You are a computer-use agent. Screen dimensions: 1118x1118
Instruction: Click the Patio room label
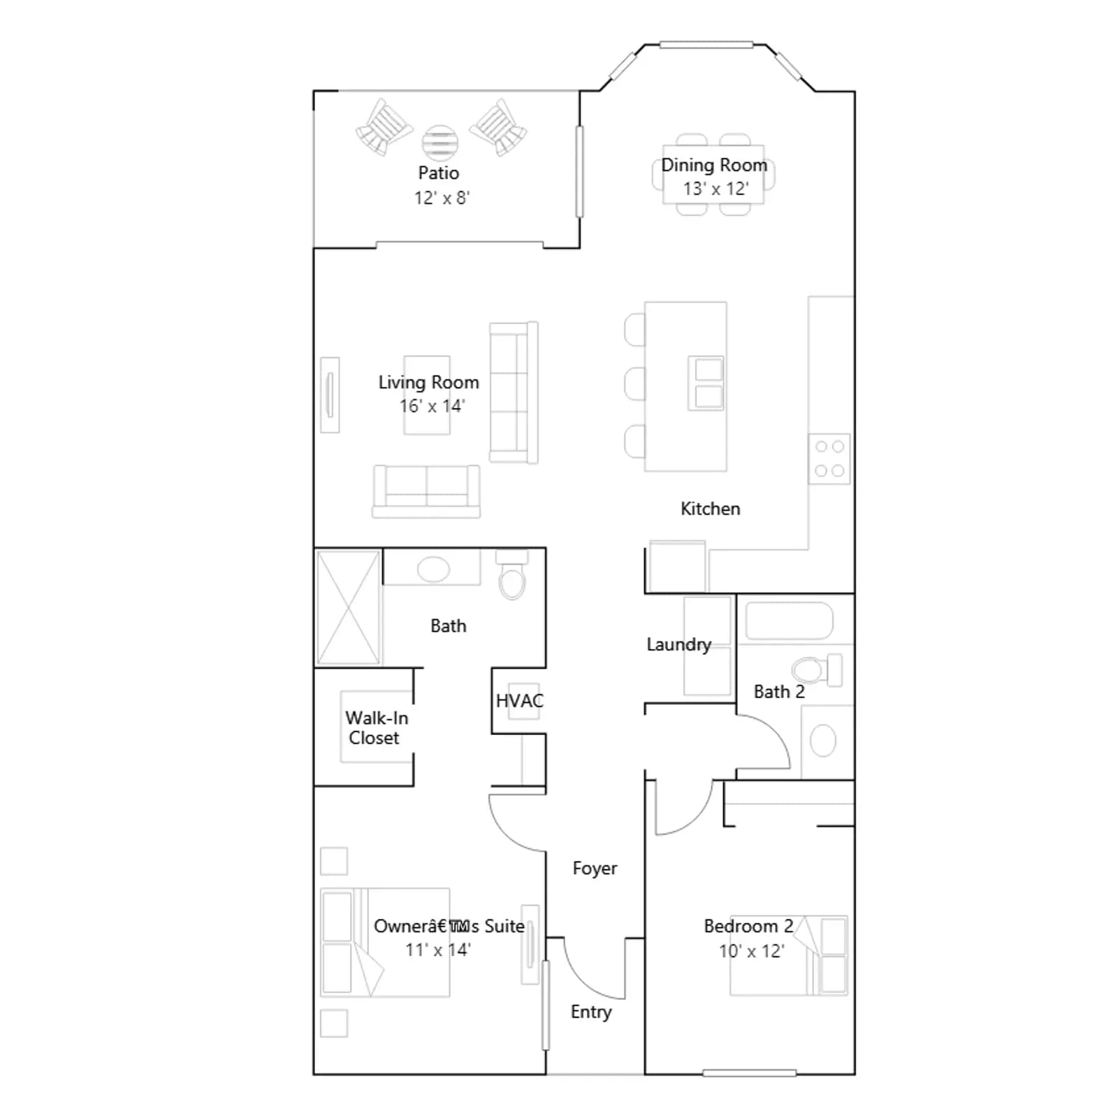[x=439, y=173]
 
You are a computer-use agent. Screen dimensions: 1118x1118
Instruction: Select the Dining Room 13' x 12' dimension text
[x=716, y=189]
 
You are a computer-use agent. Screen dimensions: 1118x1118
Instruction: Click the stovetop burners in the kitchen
[x=830, y=458]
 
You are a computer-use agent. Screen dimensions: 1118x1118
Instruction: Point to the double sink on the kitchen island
[x=706, y=383]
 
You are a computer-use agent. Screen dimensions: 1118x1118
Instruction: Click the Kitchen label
[x=710, y=509]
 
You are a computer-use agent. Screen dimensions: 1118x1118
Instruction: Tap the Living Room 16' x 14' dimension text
[x=432, y=406]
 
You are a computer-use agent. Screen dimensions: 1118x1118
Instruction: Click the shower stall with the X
[x=348, y=607]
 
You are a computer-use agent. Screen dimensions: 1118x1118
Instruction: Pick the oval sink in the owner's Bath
[x=433, y=569]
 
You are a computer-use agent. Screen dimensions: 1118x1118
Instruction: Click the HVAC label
[x=519, y=701]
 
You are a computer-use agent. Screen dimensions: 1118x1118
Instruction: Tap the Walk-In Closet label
[x=376, y=728]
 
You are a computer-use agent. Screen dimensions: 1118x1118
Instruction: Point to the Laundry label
[x=678, y=644]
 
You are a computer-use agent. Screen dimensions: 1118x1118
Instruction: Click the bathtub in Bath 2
[x=790, y=621]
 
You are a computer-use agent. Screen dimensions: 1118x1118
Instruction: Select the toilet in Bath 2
[x=818, y=670]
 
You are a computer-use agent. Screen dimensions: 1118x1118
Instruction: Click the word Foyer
[x=595, y=869]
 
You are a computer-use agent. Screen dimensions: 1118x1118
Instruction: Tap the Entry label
[x=591, y=1012]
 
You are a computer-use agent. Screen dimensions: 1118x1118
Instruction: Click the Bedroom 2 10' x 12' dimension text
[x=752, y=951]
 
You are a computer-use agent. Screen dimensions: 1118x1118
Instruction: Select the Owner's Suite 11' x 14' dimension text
[x=438, y=950]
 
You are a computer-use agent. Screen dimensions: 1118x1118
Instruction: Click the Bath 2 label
[x=779, y=692]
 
